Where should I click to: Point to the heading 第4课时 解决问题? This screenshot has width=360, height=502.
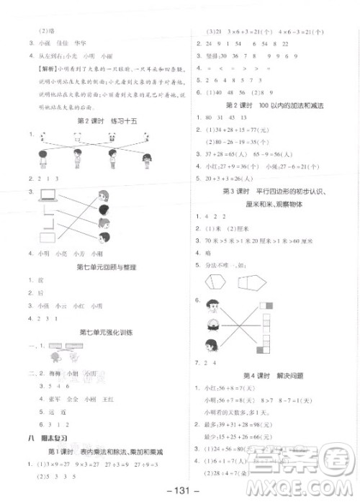(x=273, y=375)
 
